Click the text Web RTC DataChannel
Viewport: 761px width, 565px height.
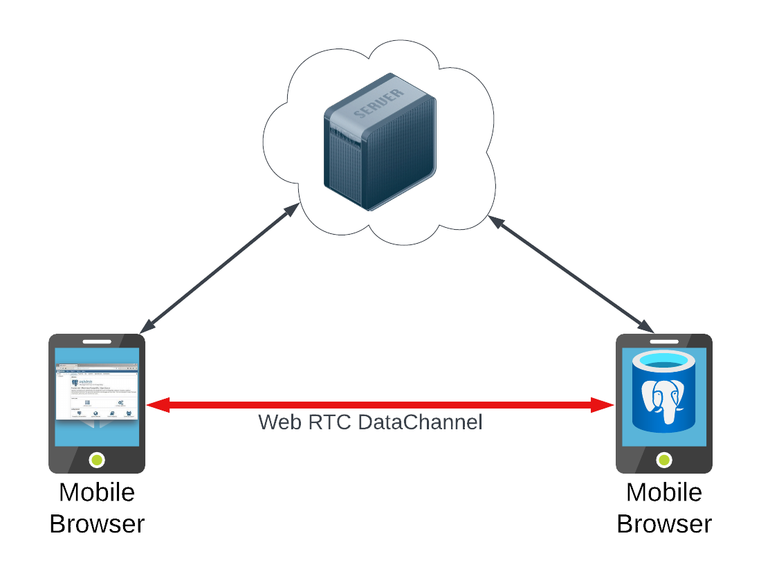[x=370, y=422]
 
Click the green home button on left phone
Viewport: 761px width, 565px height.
[x=97, y=459]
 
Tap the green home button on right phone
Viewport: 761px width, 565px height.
[x=664, y=459]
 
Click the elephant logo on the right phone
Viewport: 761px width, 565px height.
[x=663, y=400]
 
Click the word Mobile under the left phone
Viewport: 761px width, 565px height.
[x=97, y=493]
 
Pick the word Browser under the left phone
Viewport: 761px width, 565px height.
[x=97, y=524]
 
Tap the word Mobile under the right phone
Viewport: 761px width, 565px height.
[x=664, y=493]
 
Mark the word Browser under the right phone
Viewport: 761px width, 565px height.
[x=664, y=524]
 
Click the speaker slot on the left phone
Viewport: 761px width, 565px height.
[x=97, y=341]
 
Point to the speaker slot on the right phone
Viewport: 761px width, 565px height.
[x=664, y=341]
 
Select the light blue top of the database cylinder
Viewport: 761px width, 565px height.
[x=663, y=360]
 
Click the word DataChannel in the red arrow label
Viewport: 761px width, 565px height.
[x=420, y=422]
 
